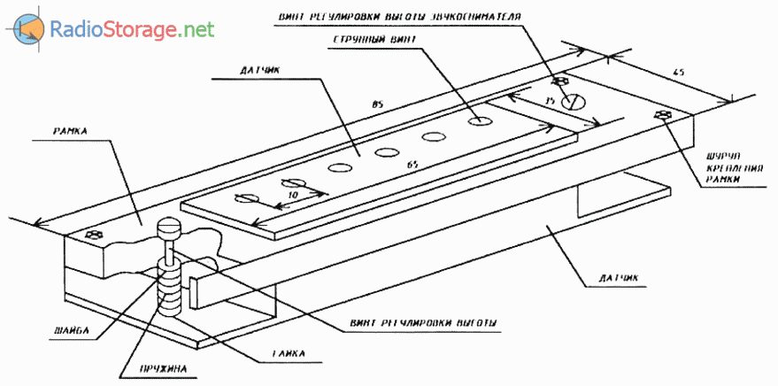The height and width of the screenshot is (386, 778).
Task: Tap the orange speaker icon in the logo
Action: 27,30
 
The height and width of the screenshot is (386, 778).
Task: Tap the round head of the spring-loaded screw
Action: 170,228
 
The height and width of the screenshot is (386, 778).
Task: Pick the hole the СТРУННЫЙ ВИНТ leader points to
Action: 481,119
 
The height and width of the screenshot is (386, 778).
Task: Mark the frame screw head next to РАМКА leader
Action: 95,235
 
